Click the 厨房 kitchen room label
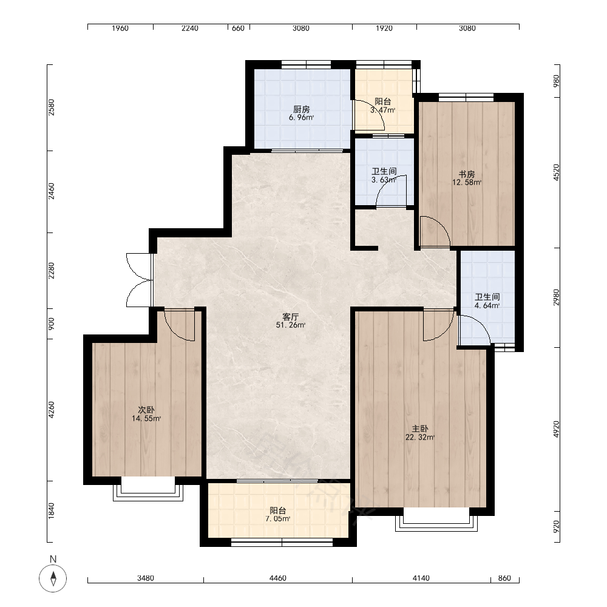click(x=301, y=109)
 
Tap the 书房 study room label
click(x=467, y=174)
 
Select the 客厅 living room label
click(x=290, y=317)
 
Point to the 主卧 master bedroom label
click(x=419, y=429)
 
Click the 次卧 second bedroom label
click(x=146, y=410)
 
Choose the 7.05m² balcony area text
click(x=278, y=519)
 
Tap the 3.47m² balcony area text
click(x=383, y=110)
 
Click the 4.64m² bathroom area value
click(x=487, y=305)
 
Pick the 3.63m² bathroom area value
click(x=384, y=180)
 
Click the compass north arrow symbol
click(x=53, y=578)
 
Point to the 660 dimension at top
click(x=238, y=29)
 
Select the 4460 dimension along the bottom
click(x=277, y=578)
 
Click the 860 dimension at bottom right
click(x=504, y=578)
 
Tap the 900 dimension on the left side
click(x=52, y=324)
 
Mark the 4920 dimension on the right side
click(x=556, y=429)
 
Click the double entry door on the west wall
click(x=138, y=280)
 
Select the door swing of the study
click(x=435, y=231)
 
